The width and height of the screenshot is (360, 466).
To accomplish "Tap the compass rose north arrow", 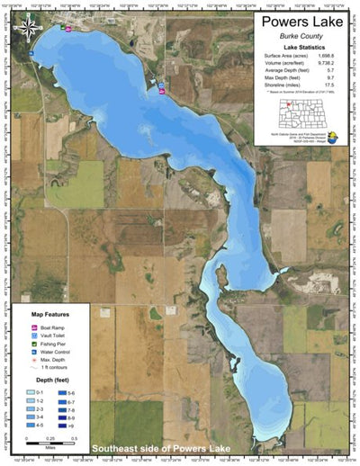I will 30,26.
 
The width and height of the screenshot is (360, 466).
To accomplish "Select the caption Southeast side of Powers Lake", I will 162,448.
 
